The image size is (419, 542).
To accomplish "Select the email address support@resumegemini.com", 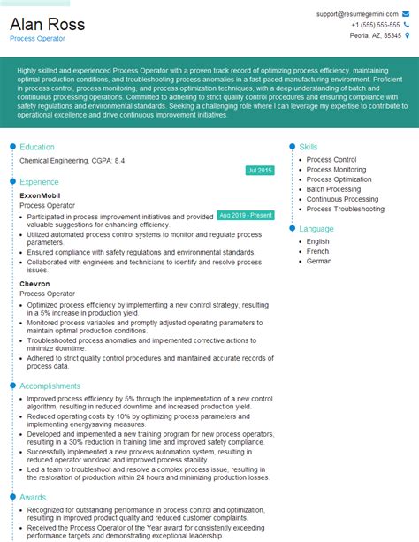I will tap(358, 14).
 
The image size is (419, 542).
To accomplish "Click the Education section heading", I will tap(37, 147).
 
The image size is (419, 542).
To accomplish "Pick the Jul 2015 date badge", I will tap(260, 170).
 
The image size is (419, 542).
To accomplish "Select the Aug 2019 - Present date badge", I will tap(245, 215).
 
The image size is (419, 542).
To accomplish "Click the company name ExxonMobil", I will tap(40, 195).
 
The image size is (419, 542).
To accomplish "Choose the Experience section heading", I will tap(39, 181).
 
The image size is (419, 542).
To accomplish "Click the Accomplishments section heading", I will tap(50, 386).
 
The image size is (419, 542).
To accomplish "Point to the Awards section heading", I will tap(33, 497).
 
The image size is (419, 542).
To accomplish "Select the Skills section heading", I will tap(309, 147).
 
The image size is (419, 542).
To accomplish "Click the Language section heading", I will tap(316, 228).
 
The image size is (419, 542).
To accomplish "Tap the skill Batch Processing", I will tap(333, 189).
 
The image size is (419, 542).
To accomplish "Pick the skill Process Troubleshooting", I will tap(345, 210).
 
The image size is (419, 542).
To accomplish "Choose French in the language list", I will tap(318, 251).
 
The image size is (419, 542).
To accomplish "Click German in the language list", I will tap(319, 262).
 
